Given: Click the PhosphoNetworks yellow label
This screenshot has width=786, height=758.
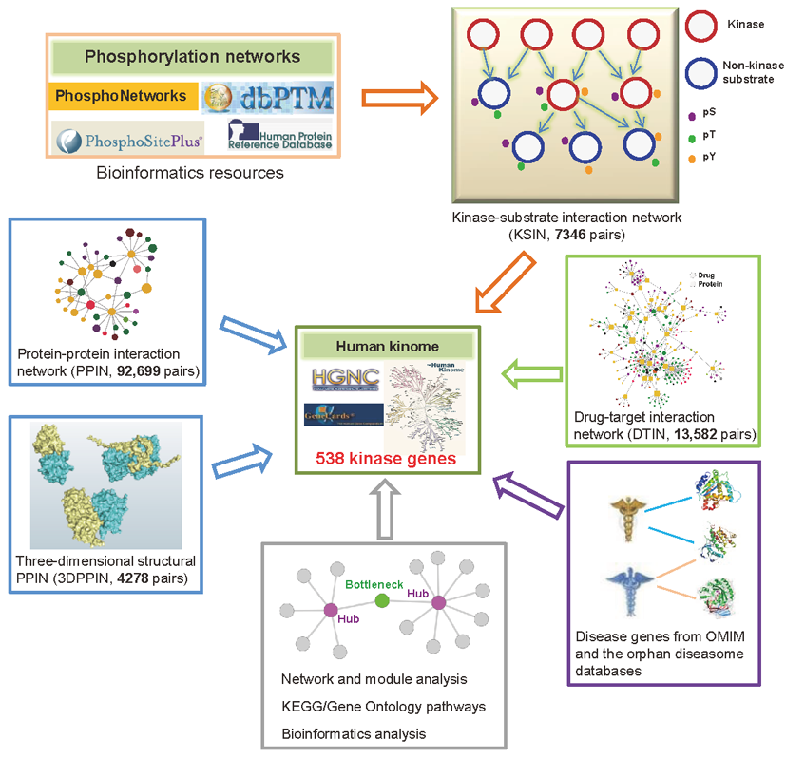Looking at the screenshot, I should click(x=121, y=96).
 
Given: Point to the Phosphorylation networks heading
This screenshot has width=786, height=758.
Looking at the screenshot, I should click(x=193, y=56).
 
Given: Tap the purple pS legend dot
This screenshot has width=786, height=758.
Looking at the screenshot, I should click(x=692, y=115).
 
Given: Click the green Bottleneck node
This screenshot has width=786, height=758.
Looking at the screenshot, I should click(x=381, y=600).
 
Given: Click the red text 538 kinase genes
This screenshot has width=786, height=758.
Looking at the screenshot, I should click(x=388, y=459).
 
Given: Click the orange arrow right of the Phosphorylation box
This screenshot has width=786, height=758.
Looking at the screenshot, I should click(x=396, y=98).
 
